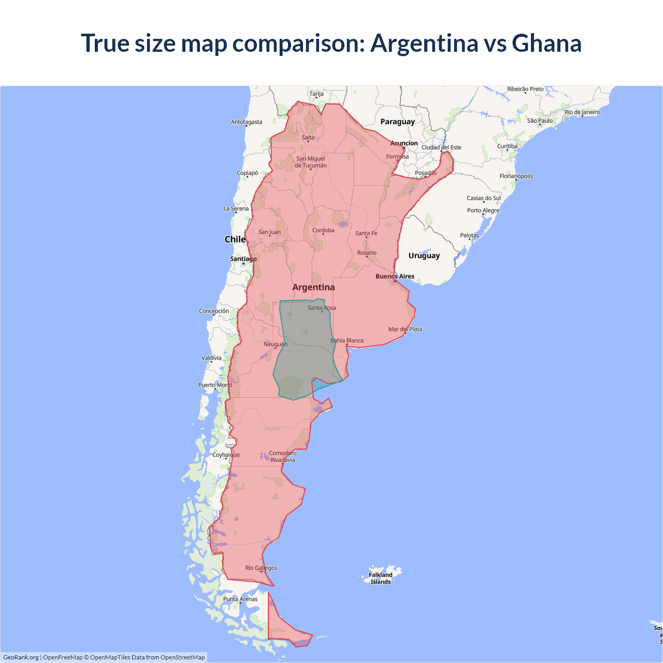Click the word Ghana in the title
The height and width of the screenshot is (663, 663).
(546, 43)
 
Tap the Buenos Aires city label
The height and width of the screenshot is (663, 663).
(395, 277)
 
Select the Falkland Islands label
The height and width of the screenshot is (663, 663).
(381, 578)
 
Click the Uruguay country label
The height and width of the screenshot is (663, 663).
(424, 255)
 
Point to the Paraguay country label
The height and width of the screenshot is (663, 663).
(397, 122)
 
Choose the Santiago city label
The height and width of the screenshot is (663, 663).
(243, 259)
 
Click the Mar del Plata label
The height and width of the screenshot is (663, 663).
(405, 329)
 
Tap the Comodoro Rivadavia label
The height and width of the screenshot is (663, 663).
(283, 456)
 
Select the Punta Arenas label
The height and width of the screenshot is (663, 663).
(240, 599)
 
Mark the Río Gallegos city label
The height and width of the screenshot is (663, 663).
(261, 568)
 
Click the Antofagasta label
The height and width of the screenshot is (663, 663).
(247, 122)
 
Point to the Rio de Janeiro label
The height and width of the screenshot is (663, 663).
(582, 112)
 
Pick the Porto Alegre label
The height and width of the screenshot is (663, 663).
(483, 211)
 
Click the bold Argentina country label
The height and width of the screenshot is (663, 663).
(313, 287)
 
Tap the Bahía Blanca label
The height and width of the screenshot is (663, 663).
(347, 341)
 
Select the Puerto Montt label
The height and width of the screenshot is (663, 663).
(215, 385)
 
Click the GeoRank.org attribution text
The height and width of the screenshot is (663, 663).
(21, 657)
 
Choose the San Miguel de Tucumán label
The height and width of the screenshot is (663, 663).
(311, 162)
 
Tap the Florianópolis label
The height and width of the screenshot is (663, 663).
(516, 176)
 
